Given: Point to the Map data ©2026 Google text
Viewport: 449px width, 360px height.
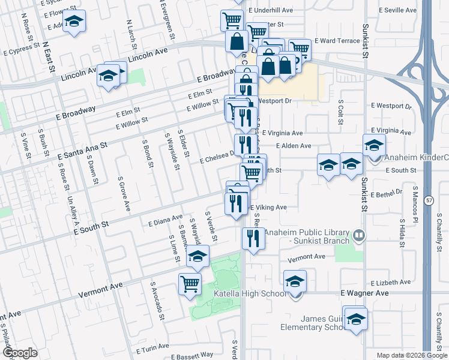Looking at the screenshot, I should click(x=412, y=355).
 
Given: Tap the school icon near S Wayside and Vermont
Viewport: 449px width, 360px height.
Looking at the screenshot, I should click(x=197, y=257).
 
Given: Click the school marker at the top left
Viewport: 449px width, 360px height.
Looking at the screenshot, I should click(x=74, y=21).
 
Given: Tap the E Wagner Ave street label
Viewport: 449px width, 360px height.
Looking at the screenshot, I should click(x=364, y=293).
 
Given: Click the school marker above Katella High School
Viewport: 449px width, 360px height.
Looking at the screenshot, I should click(x=295, y=281).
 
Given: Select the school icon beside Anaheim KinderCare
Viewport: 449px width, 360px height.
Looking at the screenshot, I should click(x=374, y=145).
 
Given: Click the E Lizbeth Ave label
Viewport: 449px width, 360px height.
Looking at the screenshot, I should click(x=393, y=283).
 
